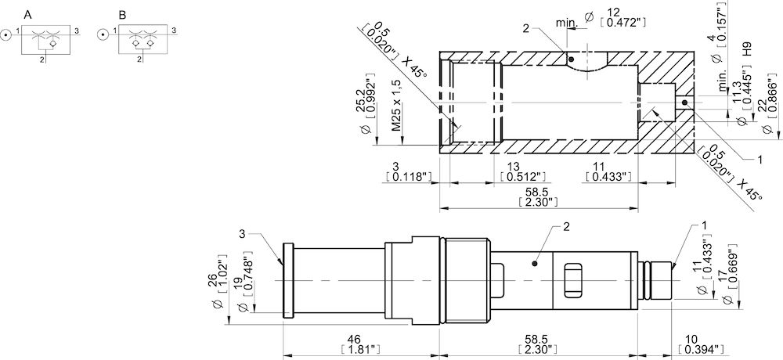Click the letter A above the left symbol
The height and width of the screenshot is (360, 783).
[x=28, y=15]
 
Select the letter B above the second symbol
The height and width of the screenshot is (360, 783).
[x=122, y=15]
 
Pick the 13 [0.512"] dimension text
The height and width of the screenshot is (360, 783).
[x=522, y=172]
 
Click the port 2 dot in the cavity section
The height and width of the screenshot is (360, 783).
[x=572, y=59]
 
